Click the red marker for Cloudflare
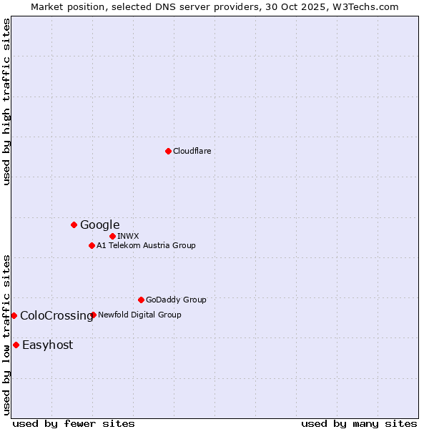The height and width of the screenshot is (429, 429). (x=168, y=151)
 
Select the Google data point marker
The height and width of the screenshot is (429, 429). (x=74, y=225)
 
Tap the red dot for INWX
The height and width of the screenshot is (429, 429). (x=112, y=236)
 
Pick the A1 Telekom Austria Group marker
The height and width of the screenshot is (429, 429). (x=92, y=245)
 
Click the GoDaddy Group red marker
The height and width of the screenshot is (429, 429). (x=141, y=300)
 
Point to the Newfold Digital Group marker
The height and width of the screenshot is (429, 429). (x=94, y=315)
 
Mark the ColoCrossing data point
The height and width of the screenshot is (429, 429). (x=14, y=315)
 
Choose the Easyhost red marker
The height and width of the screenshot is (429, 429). (x=16, y=345)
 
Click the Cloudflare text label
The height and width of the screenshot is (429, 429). (x=192, y=151)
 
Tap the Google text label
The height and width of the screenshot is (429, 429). (x=99, y=225)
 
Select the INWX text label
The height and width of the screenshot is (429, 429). (x=128, y=236)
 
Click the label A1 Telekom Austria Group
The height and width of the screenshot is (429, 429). (x=146, y=245)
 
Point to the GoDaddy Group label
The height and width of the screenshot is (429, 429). (x=176, y=300)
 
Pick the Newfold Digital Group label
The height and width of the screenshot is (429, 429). (x=139, y=315)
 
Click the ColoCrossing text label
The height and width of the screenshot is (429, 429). (x=56, y=315)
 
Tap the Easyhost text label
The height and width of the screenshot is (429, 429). (x=47, y=345)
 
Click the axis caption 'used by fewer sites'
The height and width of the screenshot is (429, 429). (x=74, y=423)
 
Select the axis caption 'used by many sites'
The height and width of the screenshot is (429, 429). (x=359, y=423)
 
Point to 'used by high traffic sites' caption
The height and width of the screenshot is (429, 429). (x=6, y=102)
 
